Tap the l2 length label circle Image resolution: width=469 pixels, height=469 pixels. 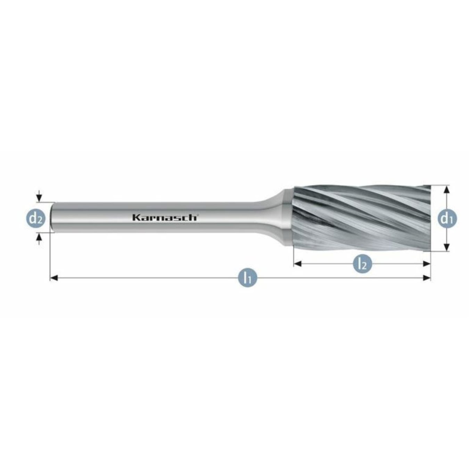[362, 264]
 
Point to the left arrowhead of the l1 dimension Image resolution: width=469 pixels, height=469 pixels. [53, 278]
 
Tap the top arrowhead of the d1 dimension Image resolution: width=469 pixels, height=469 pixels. [447, 189]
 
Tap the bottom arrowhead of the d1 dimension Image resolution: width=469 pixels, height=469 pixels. [447, 248]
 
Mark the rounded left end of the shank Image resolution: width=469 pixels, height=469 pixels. [53, 217]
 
